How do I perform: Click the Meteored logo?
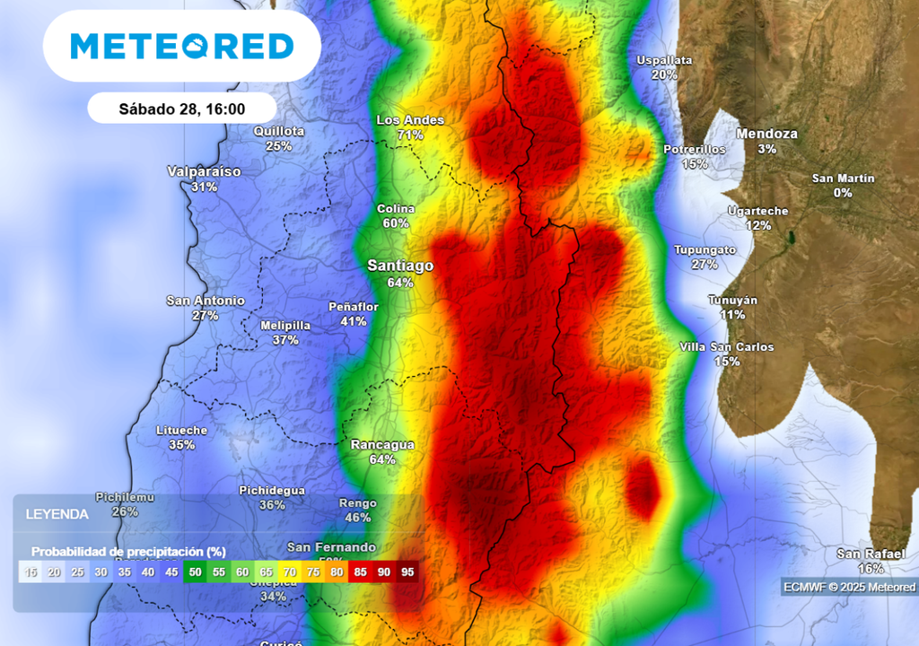(182, 47)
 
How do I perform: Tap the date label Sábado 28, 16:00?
(181, 109)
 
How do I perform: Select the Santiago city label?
(400, 266)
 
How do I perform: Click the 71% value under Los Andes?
(410, 135)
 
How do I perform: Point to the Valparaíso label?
(204, 171)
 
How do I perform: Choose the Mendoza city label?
(766, 134)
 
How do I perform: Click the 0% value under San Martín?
(843, 192)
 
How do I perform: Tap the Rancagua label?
(382, 444)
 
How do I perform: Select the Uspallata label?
(664, 60)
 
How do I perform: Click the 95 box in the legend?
(407, 572)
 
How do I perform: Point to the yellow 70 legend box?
(290, 572)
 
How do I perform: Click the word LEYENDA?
(57, 514)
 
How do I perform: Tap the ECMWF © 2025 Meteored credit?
(849, 587)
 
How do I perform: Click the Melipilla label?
(285, 326)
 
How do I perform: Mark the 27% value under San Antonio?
(206, 315)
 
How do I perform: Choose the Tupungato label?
(705, 249)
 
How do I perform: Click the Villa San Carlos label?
(727, 347)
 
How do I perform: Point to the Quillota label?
(279, 131)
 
